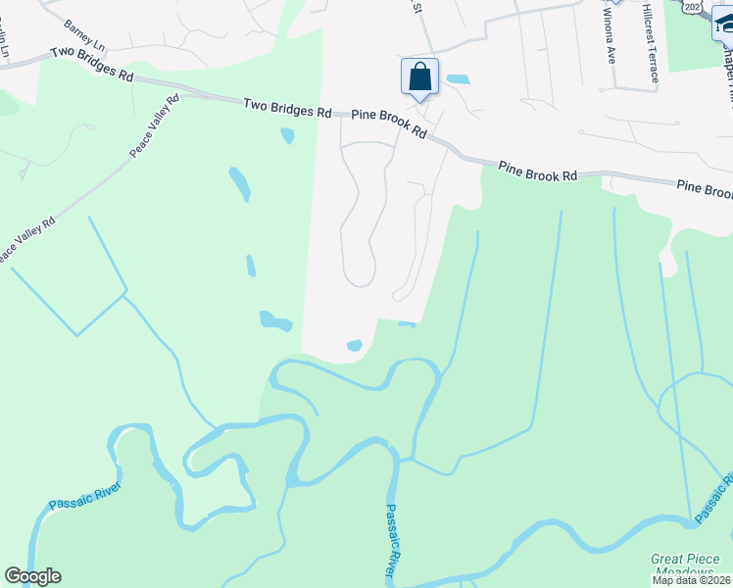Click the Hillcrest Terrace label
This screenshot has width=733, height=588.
648,54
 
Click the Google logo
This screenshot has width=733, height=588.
32,575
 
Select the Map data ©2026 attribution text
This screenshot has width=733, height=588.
691,580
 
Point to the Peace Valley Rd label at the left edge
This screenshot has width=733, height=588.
26,241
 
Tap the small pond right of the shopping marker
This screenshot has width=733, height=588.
457,78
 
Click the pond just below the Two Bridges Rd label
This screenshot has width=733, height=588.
287,135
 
